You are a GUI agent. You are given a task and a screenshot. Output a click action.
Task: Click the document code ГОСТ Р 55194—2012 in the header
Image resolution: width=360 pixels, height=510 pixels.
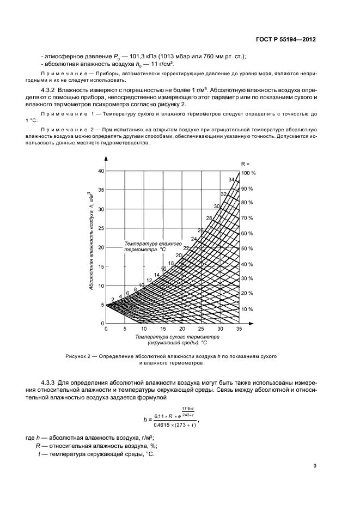click(x=286, y=40)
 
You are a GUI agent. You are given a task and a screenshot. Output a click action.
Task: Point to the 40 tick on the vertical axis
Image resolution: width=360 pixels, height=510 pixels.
click(x=100, y=171)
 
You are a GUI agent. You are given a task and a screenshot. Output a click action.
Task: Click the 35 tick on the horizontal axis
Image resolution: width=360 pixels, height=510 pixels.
click(x=239, y=329)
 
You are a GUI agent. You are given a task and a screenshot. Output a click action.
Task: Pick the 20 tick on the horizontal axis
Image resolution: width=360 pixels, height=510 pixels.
click(x=182, y=329)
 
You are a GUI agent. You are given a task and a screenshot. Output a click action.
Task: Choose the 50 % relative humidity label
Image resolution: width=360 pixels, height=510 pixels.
click(x=248, y=249)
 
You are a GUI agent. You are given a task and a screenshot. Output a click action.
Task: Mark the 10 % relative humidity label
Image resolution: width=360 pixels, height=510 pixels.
click(x=248, y=309)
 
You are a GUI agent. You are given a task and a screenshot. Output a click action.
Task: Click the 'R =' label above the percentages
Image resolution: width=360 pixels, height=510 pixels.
click(x=246, y=163)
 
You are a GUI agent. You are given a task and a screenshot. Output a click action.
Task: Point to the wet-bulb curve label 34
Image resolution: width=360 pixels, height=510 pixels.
click(x=231, y=180)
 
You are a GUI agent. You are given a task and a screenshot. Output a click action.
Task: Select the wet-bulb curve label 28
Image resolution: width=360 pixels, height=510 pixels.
click(x=209, y=218)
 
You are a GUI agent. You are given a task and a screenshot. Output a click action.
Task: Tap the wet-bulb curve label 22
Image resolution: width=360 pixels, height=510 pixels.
click(x=186, y=248)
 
